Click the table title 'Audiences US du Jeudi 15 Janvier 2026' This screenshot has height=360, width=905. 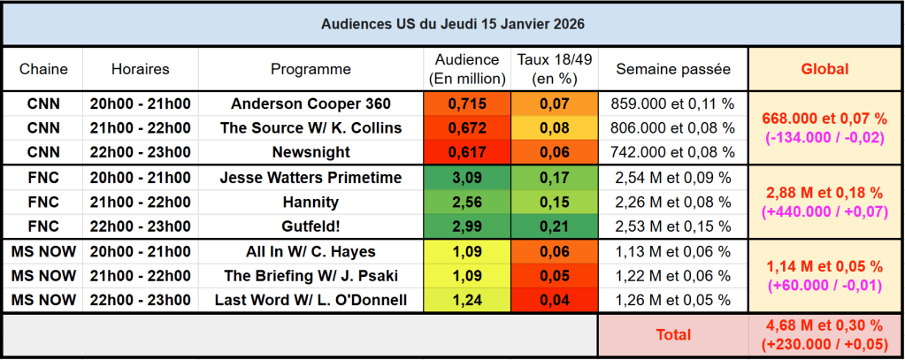click(x=452, y=23)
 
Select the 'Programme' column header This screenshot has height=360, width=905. click(x=311, y=69)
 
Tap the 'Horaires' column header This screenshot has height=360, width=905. click(x=140, y=69)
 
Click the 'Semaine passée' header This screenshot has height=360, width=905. click(x=673, y=69)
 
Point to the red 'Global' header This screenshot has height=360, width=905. click(x=824, y=69)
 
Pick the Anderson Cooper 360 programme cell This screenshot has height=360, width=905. click(x=311, y=103)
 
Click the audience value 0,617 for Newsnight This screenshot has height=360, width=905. click(x=467, y=152)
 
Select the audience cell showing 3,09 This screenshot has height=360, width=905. click(x=467, y=178)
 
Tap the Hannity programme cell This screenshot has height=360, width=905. click(x=311, y=202)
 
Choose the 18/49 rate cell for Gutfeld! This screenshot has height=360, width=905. click(x=555, y=226)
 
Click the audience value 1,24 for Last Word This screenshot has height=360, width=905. click(x=467, y=301)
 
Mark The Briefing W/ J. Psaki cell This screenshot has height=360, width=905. click(x=311, y=276)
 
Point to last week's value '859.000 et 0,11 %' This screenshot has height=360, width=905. click(x=673, y=103)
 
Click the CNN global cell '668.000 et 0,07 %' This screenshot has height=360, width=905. click(x=824, y=119)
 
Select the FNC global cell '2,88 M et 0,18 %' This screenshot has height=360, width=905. click(x=824, y=193)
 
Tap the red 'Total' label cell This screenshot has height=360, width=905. click(x=673, y=335)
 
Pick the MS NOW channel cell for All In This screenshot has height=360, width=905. click(x=42, y=251)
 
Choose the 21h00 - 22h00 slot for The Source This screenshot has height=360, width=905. click(x=140, y=128)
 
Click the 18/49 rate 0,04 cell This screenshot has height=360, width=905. click(x=555, y=301)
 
